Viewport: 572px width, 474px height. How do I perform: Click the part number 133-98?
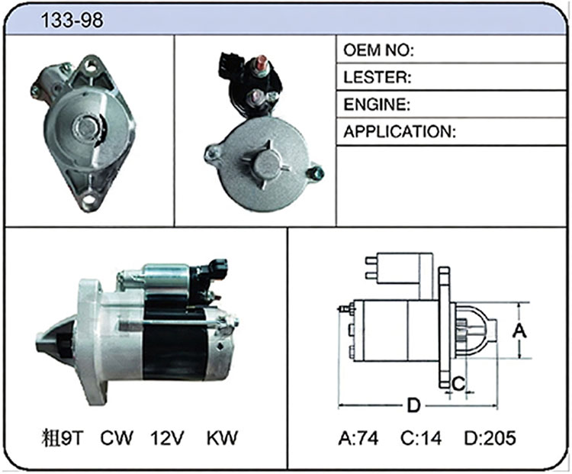tap(72, 20)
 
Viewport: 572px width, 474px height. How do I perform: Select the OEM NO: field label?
tap(378, 50)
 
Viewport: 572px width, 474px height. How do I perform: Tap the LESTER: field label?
tap(378, 77)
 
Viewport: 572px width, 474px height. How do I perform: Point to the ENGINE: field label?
tap(378, 105)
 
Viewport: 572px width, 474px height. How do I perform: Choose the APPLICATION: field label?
tap(400, 131)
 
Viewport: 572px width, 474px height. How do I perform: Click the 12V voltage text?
tap(168, 438)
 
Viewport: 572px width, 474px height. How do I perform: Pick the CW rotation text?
tap(117, 438)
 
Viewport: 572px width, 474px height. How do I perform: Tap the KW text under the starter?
tap(222, 438)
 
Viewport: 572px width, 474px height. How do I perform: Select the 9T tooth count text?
tap(72, 438)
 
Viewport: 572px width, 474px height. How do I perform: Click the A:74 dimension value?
tap(358, 438)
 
